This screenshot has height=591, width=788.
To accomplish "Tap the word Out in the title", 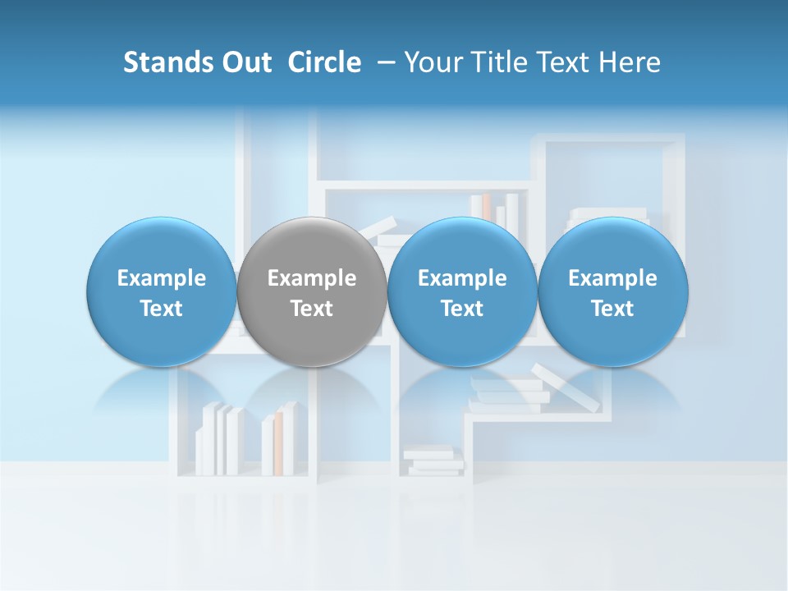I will click(244, 62).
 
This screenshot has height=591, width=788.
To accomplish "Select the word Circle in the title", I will click(324, 62).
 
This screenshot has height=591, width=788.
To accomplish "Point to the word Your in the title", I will click(430, 62).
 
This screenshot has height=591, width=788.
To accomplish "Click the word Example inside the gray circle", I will click(312, 278).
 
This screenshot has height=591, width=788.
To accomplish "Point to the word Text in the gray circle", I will click(312, 309).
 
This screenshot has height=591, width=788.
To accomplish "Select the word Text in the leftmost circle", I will click(162, 309).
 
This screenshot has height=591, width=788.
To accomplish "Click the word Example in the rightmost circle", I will click(613, 278).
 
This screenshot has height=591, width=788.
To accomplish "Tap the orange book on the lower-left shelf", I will click(278, 443).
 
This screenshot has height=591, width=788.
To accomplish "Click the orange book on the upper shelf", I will click(486, 206).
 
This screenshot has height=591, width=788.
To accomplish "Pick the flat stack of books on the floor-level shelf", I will click(433, 460).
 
